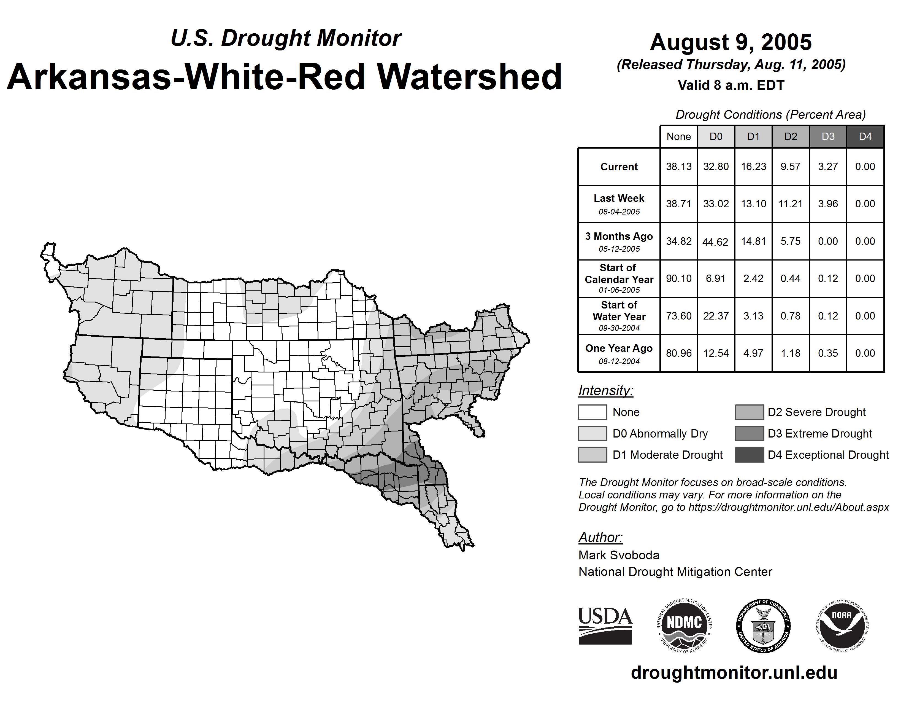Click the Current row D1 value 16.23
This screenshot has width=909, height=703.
(753, 167)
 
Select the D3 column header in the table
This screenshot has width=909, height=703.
(828, 136)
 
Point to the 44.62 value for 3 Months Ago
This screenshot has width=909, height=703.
(715, 242)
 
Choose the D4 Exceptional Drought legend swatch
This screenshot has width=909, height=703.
(749, 455)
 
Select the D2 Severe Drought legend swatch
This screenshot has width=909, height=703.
(749, 412)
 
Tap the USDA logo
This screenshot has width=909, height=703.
(605, 626)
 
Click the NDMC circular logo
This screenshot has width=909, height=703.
(684, 626)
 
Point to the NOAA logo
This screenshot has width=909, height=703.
(842, 626)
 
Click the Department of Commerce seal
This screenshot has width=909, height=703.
(763, 626)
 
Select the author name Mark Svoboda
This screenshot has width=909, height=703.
(619, 555)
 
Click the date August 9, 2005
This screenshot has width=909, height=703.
(731, 42)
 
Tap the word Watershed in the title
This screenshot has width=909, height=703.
(469, 77)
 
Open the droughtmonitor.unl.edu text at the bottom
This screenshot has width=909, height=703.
(734, 673)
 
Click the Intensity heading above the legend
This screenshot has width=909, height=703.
(605, 391)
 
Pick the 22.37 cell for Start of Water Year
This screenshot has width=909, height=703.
(716, 316)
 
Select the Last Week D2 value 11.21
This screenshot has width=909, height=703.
(790, 204)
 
